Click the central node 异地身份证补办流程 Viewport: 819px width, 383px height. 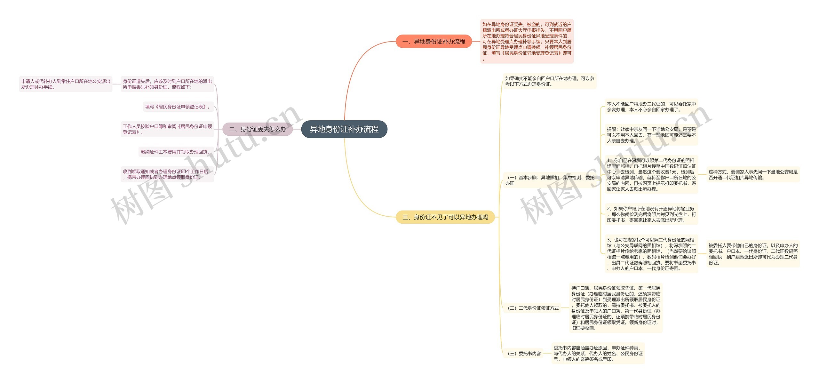click(x=344, y=129)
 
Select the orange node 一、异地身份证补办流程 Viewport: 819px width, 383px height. click(x=433, y=42)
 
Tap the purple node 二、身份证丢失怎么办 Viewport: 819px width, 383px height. click(x=258, y=129)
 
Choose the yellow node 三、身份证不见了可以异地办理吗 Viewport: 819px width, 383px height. click(x=445, y=217)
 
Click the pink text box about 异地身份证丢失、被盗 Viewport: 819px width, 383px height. click(x=527, y=41)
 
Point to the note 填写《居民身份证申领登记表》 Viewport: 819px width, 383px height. click(x=178, y=107)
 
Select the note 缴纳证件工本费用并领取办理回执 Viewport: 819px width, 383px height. click(x=175, y=152)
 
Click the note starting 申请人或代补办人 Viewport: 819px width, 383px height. click(x=66, y=84)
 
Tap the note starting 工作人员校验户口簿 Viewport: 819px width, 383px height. click(x=167, y=129)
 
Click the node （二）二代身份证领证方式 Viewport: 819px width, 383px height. click(x=533, y=308)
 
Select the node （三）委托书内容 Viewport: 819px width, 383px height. click(x=524, y=354)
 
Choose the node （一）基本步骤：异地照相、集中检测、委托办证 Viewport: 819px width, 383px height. click(x=550, y=180)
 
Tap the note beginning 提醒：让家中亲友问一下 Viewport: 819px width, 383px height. click(x=651, y=135)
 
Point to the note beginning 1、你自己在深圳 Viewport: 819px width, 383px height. click(x=651, y=175)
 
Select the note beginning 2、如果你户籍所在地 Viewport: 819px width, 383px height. click(x=651, y=214)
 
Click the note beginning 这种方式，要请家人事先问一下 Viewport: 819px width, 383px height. click(x=753, y=175)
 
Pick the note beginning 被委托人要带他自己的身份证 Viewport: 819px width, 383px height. click(x=753, y=254)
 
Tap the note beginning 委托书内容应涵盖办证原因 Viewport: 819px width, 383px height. click(x=598, y=354)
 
